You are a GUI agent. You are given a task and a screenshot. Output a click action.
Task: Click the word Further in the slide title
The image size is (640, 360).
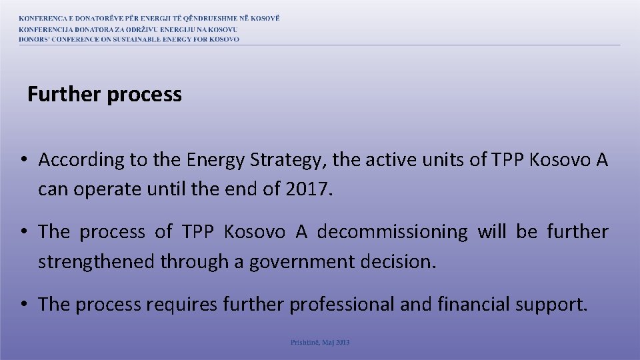pyautogui.click(x=64, y=95)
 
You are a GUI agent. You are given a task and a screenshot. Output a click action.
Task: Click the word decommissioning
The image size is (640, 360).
pyautogui.click(x=393, y=232)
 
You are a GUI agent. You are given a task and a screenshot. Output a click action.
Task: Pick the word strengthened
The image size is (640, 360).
pyautogui.click(x=97, y=261)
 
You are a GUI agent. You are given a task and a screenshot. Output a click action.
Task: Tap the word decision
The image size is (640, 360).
pyautogui.click(x=397, y=261)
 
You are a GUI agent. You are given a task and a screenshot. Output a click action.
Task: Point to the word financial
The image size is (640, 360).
pyautogui.click(x=474, y=305)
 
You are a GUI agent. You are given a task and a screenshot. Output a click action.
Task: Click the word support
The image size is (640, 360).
pyautogui.click(x=552, y=305)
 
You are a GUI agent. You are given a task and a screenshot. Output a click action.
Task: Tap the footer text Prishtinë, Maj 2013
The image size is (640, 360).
pyautogui.click(x=320, y=343)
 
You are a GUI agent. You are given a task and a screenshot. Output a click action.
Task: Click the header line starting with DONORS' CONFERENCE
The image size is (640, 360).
pyautogui.click(x=129, y=39)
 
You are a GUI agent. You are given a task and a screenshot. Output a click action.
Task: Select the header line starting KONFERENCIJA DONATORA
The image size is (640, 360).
pyautogui.click(x=128, y=29)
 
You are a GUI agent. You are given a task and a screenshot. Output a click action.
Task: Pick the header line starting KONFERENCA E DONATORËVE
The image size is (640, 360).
pyautogui.click(x=149, y=18)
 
